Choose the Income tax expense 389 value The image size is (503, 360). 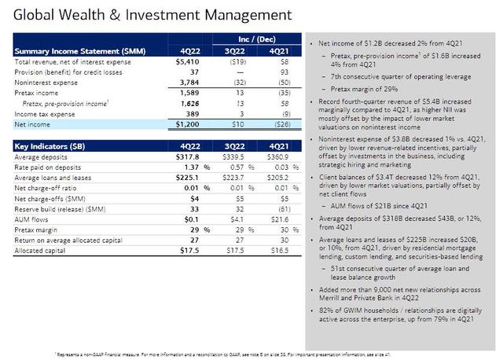coord(200,112)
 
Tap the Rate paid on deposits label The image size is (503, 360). coord(49,167)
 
